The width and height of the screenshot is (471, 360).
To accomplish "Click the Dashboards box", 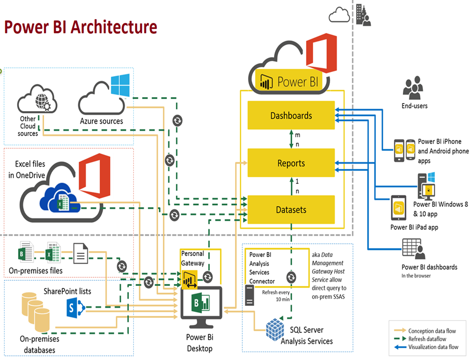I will click(291, 116).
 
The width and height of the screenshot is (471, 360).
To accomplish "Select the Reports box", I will click(291, 163).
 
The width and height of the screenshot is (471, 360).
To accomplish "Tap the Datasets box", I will click(291, 209).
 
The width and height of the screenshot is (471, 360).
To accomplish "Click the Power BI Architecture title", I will click(81, 27).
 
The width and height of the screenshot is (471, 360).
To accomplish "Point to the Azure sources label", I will click(102, 121).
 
